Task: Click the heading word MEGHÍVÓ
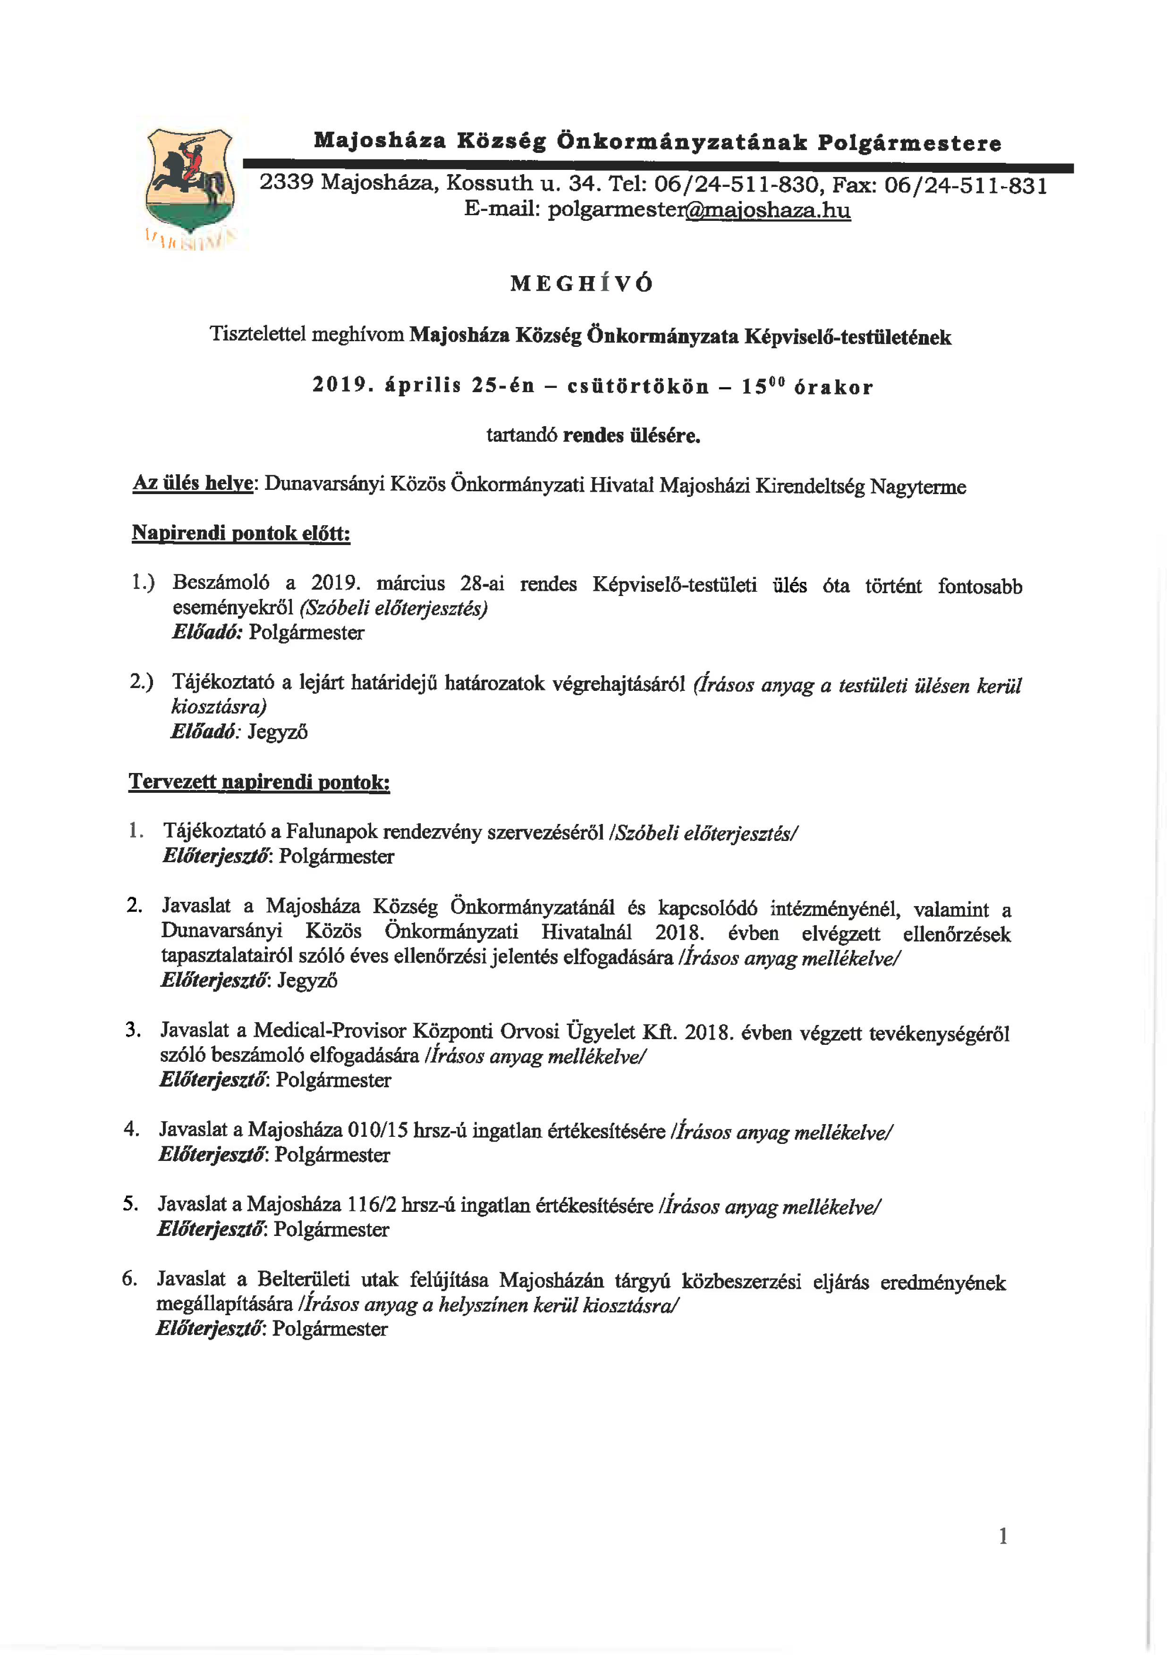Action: [582, 283]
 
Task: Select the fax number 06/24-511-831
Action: [966, 185]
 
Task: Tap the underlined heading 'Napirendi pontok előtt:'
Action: [241, 533]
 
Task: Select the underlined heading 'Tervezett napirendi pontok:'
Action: [259, 782]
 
